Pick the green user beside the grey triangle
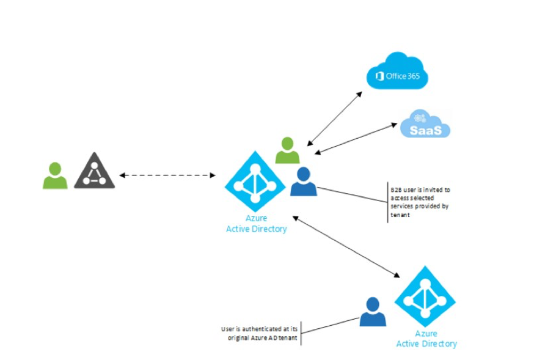(x=55, y=175)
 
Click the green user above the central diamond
(x=287, y=150)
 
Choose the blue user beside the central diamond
(x=304, y=182)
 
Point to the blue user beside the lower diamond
(x=373, y=312)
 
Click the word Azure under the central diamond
(x=255, y=219)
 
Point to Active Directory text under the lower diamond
(x=426, y=344)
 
